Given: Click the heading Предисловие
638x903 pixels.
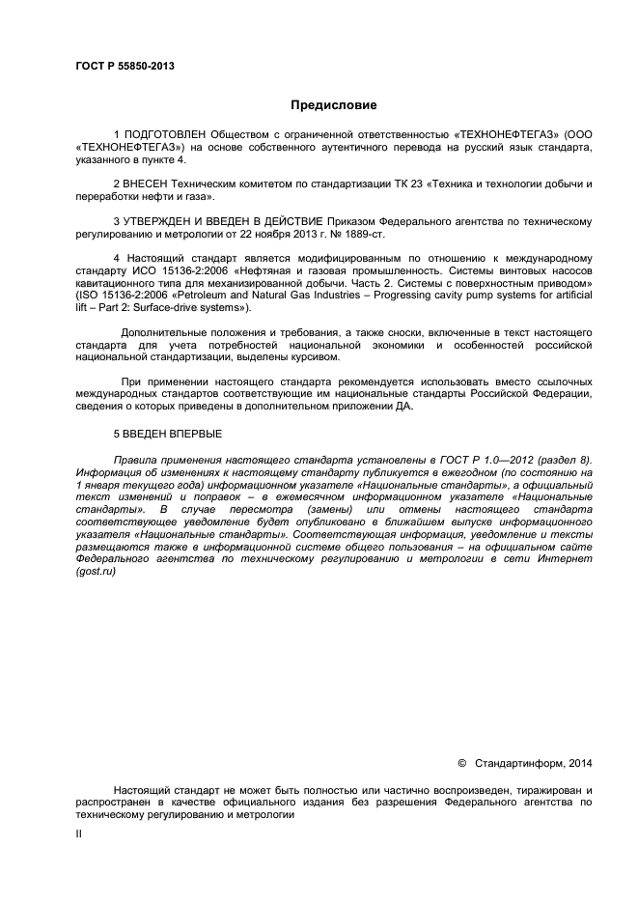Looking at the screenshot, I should (x=334, y=104).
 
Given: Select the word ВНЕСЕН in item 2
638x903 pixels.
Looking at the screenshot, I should (x=147, y=183).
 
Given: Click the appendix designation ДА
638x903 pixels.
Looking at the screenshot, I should (x=402, y=407).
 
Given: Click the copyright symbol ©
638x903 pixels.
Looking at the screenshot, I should (x=461, y=764).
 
